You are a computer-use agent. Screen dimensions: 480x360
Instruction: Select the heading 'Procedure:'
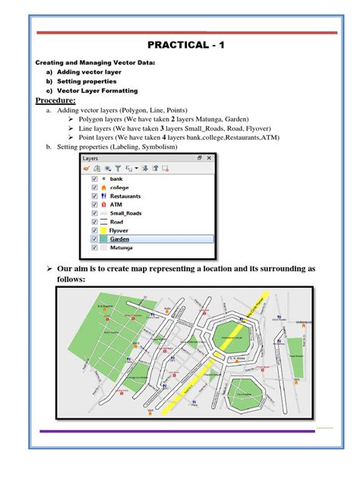click(56, 100)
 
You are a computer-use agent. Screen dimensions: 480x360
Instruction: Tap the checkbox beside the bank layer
click(94, 179)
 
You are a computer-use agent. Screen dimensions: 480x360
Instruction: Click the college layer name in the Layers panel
click(119, 188)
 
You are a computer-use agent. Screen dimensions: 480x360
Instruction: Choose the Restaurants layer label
click(125, 196)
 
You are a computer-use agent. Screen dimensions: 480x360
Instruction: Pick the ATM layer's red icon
click(103, 204)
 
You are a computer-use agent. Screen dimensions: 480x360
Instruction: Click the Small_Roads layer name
click(126, 213)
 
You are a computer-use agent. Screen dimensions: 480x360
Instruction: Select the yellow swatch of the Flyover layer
click(103, 229)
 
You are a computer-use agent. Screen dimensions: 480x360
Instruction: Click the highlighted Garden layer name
click(119, 238)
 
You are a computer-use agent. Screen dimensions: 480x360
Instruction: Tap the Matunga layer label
click(122, 247)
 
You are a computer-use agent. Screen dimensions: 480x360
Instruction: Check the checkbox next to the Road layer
click(94, 221)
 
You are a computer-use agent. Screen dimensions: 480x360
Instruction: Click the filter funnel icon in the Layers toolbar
click(118, 168)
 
